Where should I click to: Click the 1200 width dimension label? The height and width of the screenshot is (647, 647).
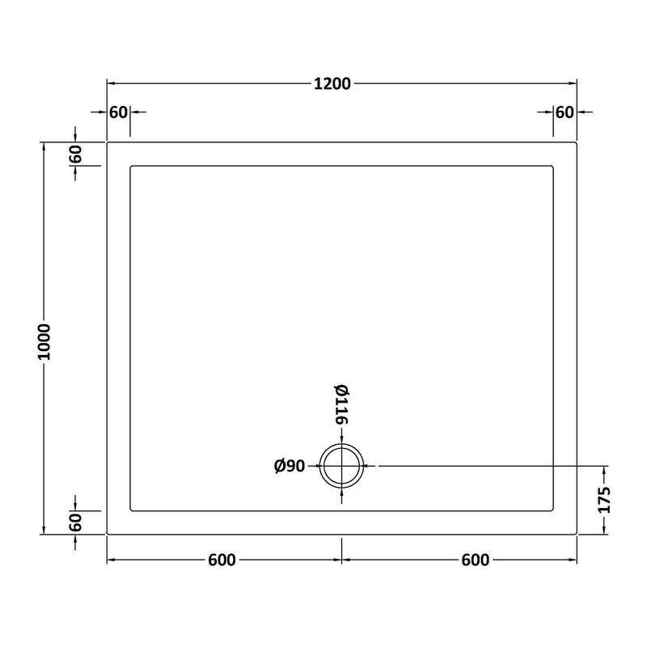(x=332, y=83)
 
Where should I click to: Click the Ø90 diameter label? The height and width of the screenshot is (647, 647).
(x=289, y=466)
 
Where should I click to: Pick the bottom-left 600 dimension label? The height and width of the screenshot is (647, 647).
(x=221, y=560)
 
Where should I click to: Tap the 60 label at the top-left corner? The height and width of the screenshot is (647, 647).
(x=118, y=112)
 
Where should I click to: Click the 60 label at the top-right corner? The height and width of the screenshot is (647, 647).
(x=564, y=112)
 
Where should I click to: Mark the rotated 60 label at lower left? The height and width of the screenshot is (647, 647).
(x=76, y=522)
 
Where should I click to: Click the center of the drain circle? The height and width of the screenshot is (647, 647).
(x=342, y=466)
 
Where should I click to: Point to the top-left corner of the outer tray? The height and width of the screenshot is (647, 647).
(x=108, y=142)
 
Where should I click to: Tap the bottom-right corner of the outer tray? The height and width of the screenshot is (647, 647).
(x=576, y=534)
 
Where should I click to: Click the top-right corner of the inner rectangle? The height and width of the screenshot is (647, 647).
(x=553, y=167)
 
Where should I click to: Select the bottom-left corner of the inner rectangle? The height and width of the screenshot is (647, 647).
(x=130, y=510)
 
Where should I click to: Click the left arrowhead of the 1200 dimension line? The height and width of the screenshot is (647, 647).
(x=111, y=83)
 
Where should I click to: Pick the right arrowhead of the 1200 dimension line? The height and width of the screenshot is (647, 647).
(x=573, y=83)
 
